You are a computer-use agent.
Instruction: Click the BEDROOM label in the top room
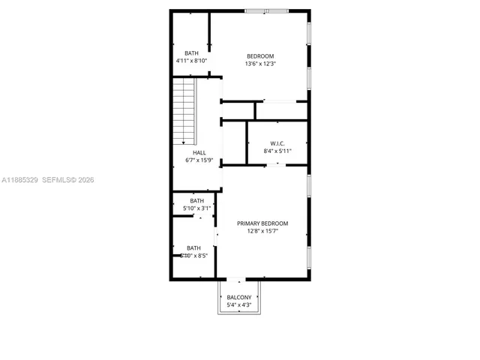click(261, 56)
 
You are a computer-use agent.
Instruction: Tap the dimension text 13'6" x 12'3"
click(261, 64)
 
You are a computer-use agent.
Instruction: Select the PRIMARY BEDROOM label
click(262, 223)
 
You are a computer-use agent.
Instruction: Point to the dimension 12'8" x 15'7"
click(262, 231)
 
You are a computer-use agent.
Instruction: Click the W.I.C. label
click(277, 143)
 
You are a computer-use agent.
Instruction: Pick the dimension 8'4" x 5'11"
click(277, 151)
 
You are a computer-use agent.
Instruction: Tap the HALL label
click(199, 152)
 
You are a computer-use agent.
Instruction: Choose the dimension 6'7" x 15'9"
click(199, 160)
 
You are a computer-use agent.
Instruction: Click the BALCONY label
click(239, 298)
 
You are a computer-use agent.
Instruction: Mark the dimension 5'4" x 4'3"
click(239, 305)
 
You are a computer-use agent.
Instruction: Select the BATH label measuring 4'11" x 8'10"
click(192, 52)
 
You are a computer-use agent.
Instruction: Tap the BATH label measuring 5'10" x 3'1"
click(196, 201)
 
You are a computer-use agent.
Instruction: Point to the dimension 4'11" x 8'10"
click(192, 60)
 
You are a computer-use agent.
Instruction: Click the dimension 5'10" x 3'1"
click(196, 208)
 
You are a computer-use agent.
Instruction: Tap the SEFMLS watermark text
click(58, 180)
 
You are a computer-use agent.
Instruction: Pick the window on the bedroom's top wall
click(267, 10)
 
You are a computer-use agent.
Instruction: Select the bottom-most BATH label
click(194, 248)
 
